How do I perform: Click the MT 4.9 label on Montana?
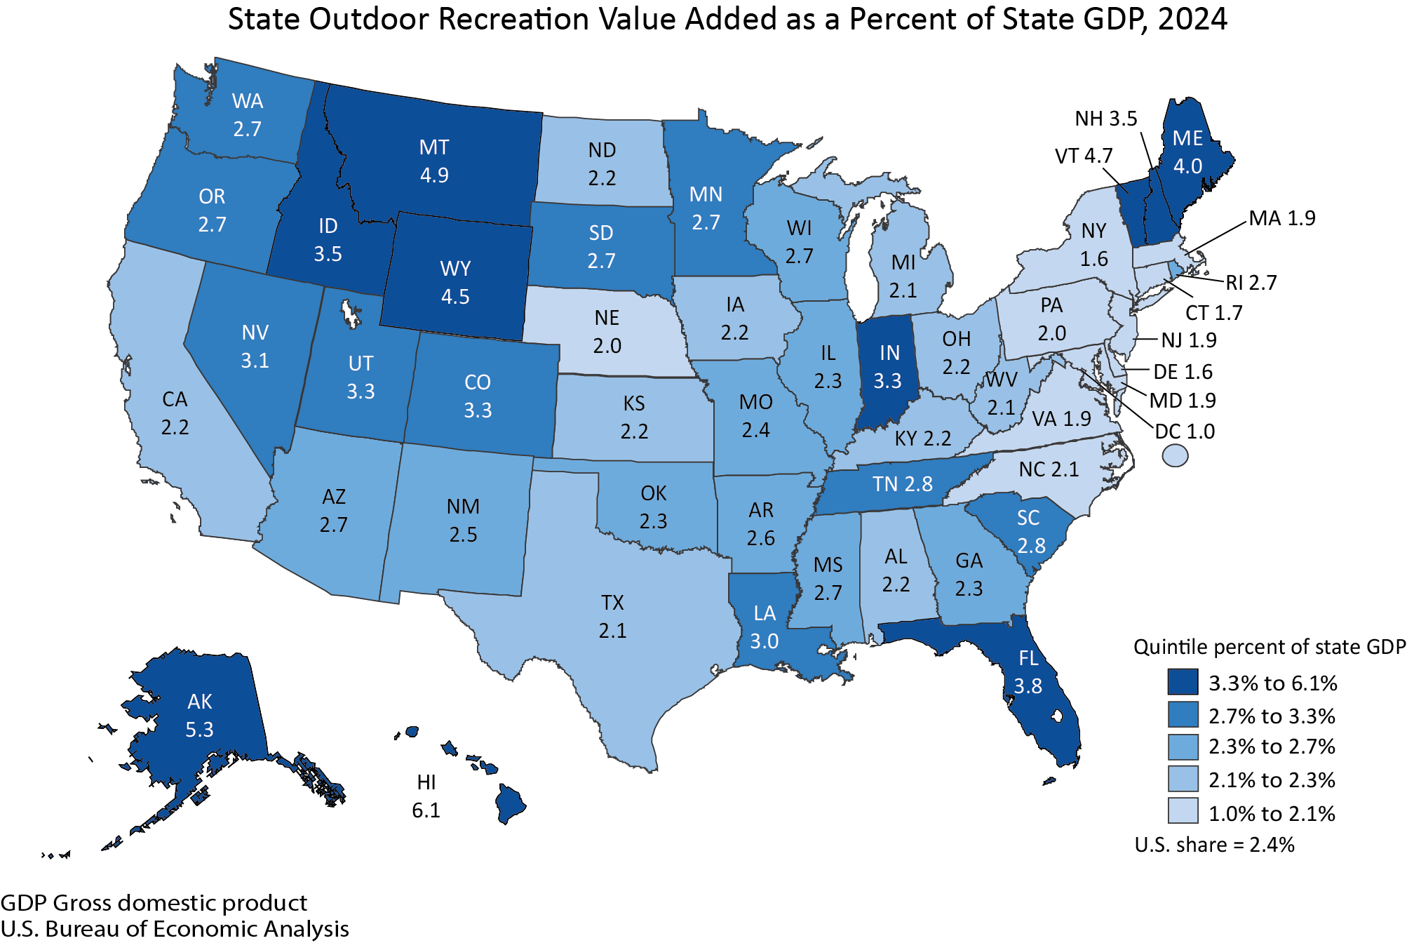pos(433,161)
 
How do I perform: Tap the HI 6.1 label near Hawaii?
pos(426,796)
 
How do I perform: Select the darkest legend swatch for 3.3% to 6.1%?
pos(1183,682)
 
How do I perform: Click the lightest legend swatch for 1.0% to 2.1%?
pos(1183,811)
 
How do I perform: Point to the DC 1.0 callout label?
pos(1185,432)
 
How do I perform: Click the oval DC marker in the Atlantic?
pos(1175,456)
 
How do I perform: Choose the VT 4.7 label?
pos(1083,156)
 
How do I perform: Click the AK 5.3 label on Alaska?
pos(199,716)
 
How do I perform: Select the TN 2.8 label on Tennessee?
pos(902,484)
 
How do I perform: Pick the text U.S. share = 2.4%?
pos(1214,845)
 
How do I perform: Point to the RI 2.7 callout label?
pos(1251,283)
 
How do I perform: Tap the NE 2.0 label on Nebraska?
pos(607,332)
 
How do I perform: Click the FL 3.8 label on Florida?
pos(1028,672)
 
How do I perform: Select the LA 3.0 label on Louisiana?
pos(765,627)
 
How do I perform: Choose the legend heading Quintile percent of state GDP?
pos(1269,647)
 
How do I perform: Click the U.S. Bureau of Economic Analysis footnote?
pos(175,929)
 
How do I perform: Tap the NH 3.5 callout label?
pos(1105,119)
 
